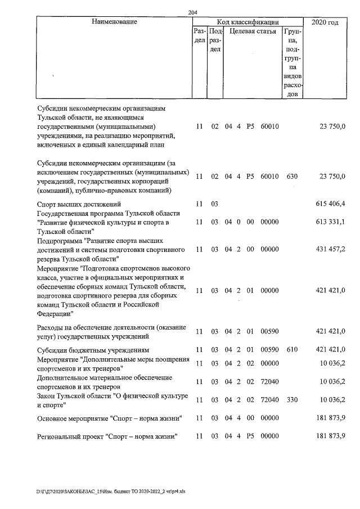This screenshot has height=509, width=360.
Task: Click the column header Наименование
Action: (x=114, y=22)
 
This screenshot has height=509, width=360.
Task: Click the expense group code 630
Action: (x=291, y=176)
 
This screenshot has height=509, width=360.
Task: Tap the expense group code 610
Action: (x=291, y=350)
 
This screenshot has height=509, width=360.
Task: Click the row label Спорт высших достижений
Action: (x=79, y=204)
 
